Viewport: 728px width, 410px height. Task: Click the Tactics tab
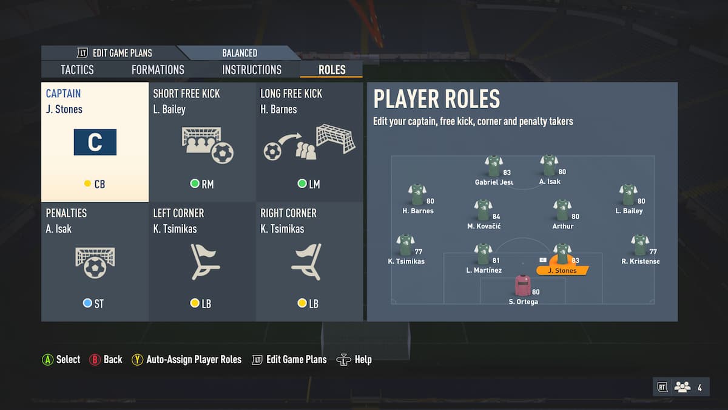(x=77, y=70)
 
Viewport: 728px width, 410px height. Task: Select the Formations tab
(x=158, y=70)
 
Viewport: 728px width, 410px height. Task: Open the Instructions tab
(x=252, y=70)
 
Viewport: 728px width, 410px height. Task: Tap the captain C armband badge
(x=95, y=142)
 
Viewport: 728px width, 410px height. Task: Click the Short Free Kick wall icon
(x=207, y=145)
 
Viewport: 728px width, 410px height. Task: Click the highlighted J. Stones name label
(x=562, y=270)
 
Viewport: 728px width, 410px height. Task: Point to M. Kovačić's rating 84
(x=496, y=216)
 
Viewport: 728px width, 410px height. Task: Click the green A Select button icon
(x=47, y=360)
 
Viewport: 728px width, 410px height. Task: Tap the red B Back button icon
(x=95, y=360)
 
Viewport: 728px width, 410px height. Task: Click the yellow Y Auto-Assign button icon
(x=137, y=360)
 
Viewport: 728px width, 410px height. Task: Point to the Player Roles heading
(x=436, y=99)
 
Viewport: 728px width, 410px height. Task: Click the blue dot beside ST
(x=87, y=303)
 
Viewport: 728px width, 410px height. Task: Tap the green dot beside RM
(x=195, y=183)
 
